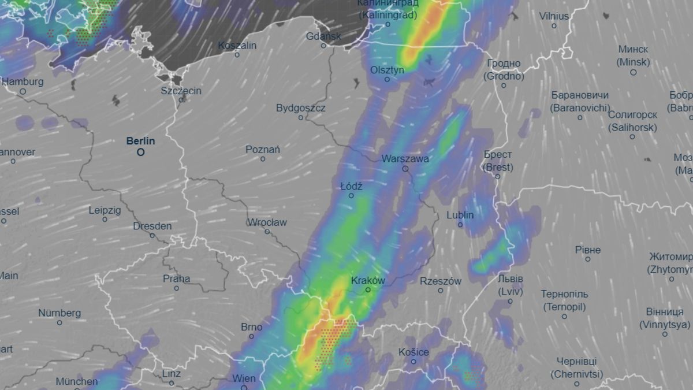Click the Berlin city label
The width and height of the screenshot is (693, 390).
tap(141, 140)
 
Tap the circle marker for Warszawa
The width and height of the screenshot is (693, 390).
tap(405, 169)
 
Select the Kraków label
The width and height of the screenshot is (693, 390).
tap(368, 280)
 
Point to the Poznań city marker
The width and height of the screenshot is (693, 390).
tap(263, 159)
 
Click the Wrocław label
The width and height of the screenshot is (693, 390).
tap(267, 222)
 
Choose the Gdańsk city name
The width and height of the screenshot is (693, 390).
tap(323, 36)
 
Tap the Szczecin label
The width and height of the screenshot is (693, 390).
tap(181, 91)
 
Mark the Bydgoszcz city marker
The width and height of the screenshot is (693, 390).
tap(301, 118)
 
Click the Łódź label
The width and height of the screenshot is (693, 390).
tap(351, 186)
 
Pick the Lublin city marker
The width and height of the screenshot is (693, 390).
tap(460, 225)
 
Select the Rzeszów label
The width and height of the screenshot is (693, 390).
tap(441, 281)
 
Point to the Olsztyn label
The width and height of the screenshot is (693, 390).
tap(388, 70)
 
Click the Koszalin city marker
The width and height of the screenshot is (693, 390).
tap(237, 55)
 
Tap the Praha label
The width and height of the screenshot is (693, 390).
tap(176, 278)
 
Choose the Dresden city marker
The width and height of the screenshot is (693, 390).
tap(152, 235)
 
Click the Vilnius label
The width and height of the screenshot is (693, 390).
tap(554, 16)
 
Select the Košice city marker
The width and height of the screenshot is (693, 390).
tap(414, 362)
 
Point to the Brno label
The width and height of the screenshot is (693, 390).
tap(251, 327)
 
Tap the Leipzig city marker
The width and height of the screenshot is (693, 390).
tap(105, 220)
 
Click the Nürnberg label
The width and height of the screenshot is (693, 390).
tap(59, 313)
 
